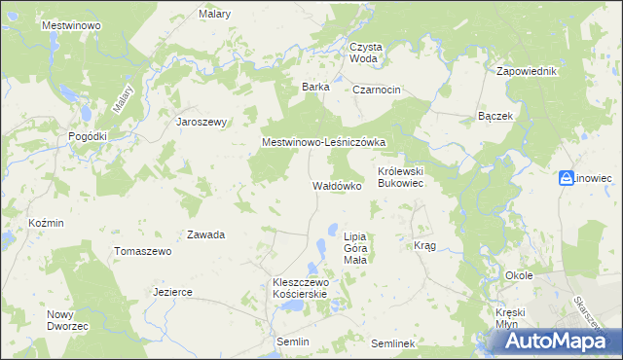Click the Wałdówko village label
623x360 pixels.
[x=337, y=185]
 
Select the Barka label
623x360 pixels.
[x=315, y=87]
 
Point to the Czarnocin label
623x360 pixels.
[x=377, y=90]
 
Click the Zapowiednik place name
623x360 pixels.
[x=526, y=72]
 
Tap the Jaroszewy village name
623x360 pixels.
[x=201, y=122]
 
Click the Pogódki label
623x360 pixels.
[x=87, y=137]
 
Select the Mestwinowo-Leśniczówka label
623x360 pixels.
[x=324, y=142]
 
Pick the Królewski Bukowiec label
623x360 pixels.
[x=403, y=176]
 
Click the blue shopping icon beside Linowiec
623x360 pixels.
[x=567, y=178]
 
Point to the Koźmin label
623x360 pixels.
[x=46, y=223]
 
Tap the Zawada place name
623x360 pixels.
[x=206, y=234]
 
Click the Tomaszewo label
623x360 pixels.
[x=142, y=251]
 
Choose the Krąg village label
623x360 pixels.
[x=424, y=245]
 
